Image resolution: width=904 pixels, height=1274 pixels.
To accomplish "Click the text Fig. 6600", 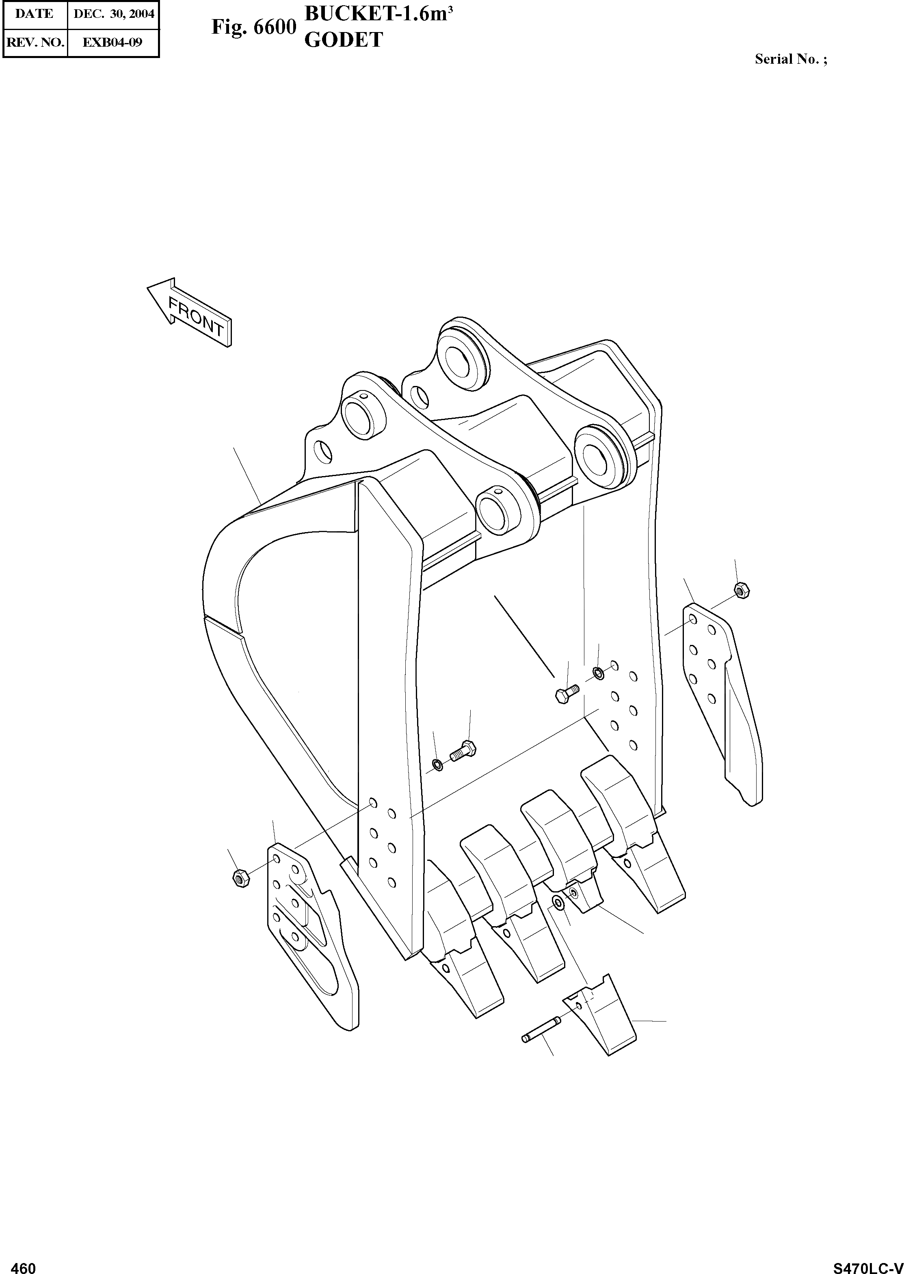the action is point(253,27).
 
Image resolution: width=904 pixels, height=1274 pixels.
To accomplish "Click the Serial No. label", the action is point(790,59).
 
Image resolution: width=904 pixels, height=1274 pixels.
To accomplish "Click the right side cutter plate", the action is point(722,701).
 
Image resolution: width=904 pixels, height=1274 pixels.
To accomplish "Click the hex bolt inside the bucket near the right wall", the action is point(566,694).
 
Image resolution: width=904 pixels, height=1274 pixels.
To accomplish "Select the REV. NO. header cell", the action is point(35,42).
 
